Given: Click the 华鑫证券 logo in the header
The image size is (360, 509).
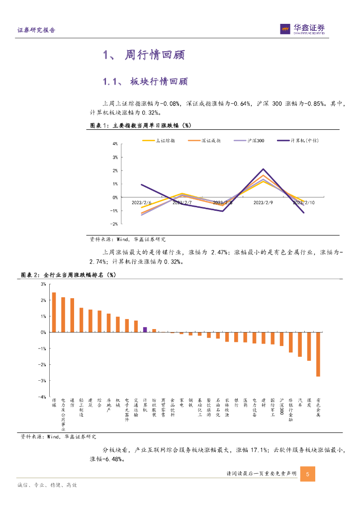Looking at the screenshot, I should pyautogui.click(x=302, y=30).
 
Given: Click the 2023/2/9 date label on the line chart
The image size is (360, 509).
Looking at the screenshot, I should pyautogui.click(x=263, y=203).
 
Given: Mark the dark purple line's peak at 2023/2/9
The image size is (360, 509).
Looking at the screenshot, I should pyautogui.click(x=263, y=170).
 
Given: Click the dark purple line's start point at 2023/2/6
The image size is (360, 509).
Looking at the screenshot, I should pyautogui.click(x=142, y=185).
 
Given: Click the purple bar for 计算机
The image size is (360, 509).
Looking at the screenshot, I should pyautogui.click(x=145, y=329).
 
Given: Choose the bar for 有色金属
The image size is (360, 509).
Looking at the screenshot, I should pyautogui.click(x=318, y=354).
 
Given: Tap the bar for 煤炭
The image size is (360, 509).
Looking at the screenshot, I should pyautogui.click(x=309, y=346).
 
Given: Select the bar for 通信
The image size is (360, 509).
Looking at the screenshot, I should pyautogui.click(x=72, y=315).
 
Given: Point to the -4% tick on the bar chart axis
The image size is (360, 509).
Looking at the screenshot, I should pyautogui.click(x=43, y=397).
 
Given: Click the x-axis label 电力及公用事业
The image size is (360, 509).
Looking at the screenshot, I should pyautogui.click(x=63, y=412).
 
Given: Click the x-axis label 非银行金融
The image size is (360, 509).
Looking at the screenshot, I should pyautogui.click(x=290, y=410).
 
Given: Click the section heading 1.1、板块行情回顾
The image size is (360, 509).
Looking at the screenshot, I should pyautogui.click(x=145, y=81).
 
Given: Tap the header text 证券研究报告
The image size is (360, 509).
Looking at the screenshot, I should pyautogui.click(x=36, y=30).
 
